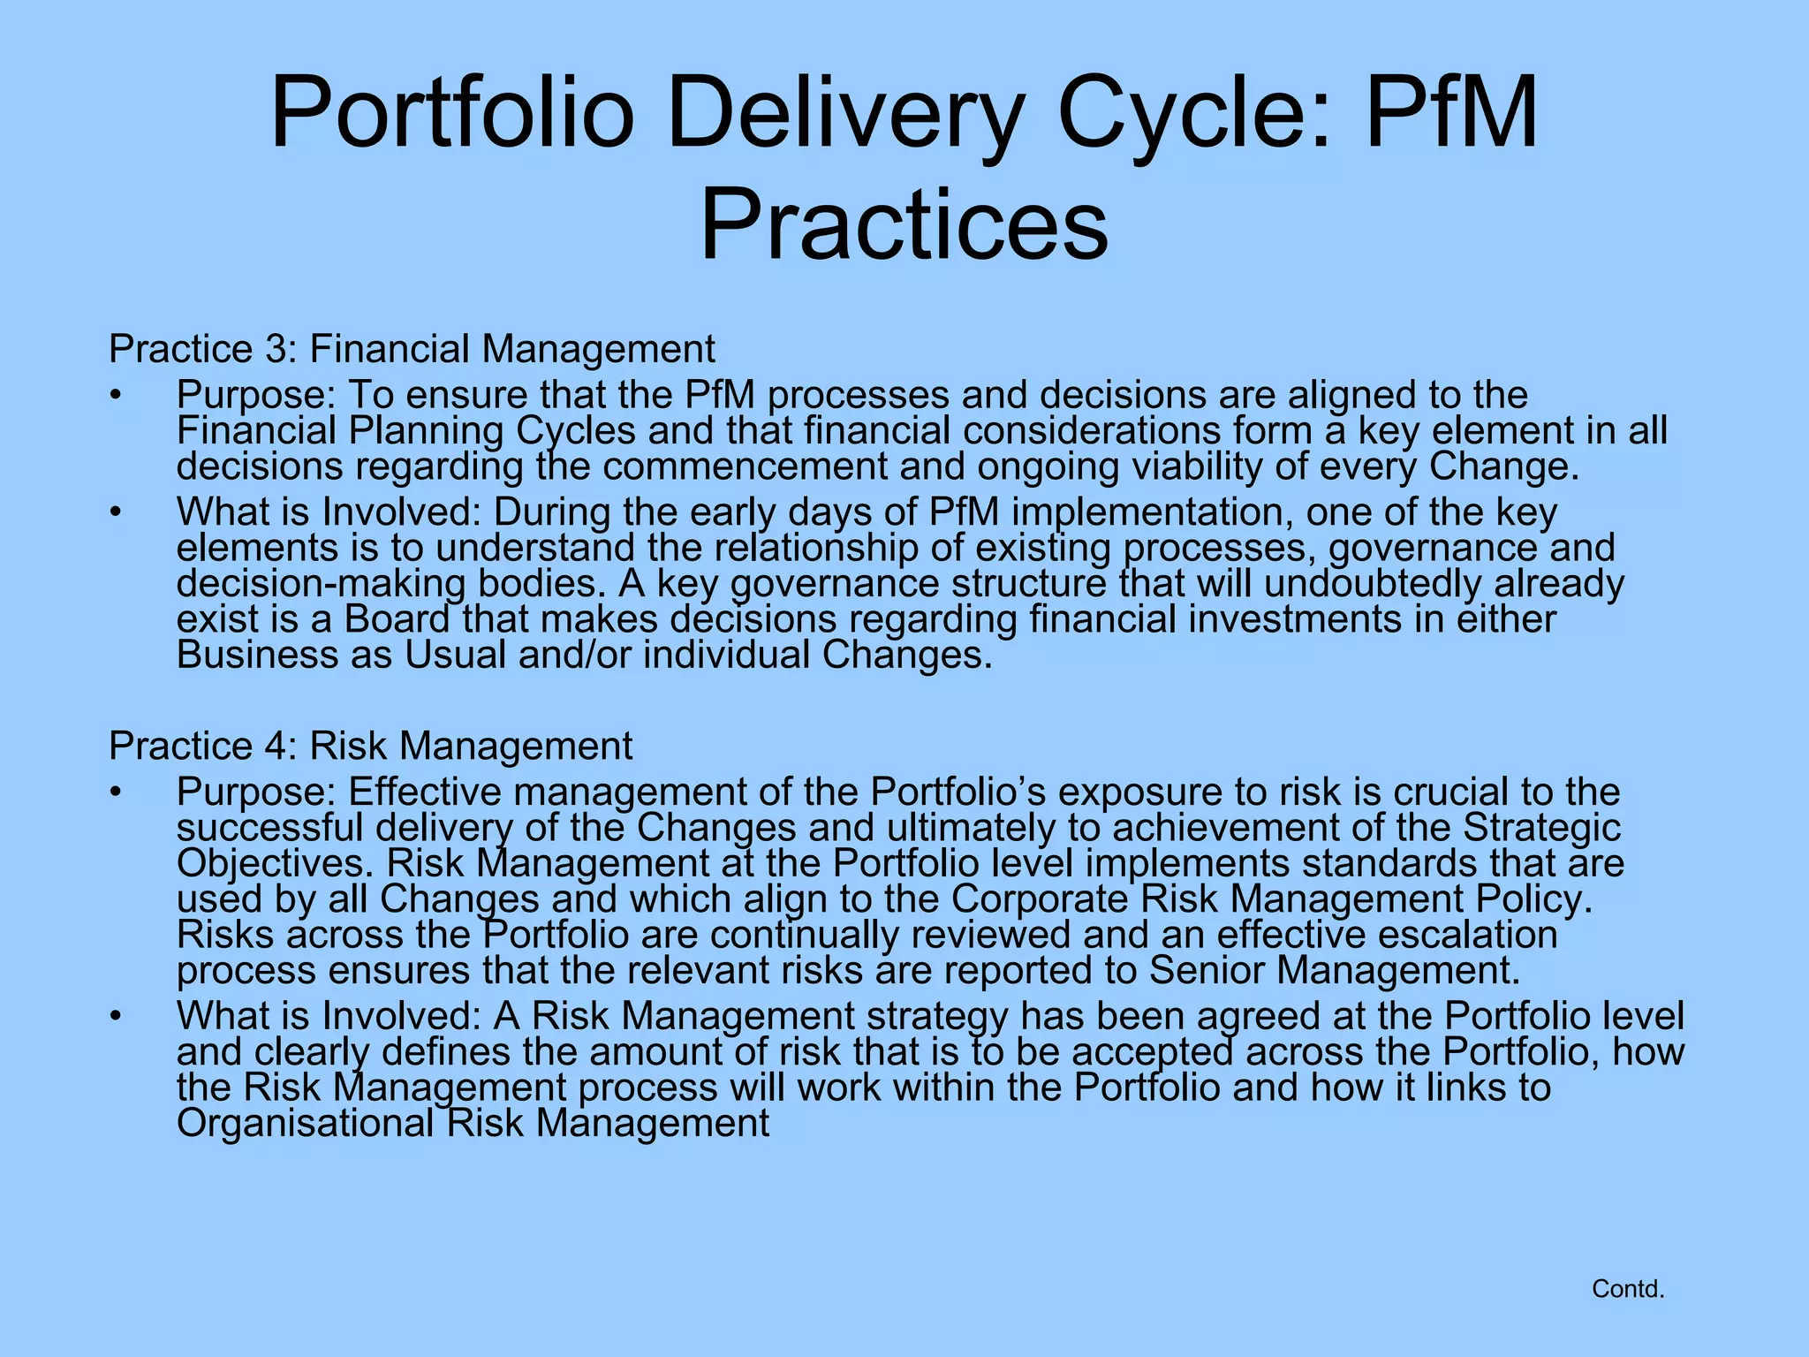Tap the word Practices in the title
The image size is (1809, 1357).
coord(904,225)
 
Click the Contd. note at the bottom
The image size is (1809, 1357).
coord(1627,1289)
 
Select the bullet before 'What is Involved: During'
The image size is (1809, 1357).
coord(115,512)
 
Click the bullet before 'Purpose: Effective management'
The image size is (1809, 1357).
coord(115,792)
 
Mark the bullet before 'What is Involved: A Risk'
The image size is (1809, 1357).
coord(115,1017)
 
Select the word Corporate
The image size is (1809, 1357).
coord(1040,899)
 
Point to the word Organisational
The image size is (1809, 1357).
coord(306,1124)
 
